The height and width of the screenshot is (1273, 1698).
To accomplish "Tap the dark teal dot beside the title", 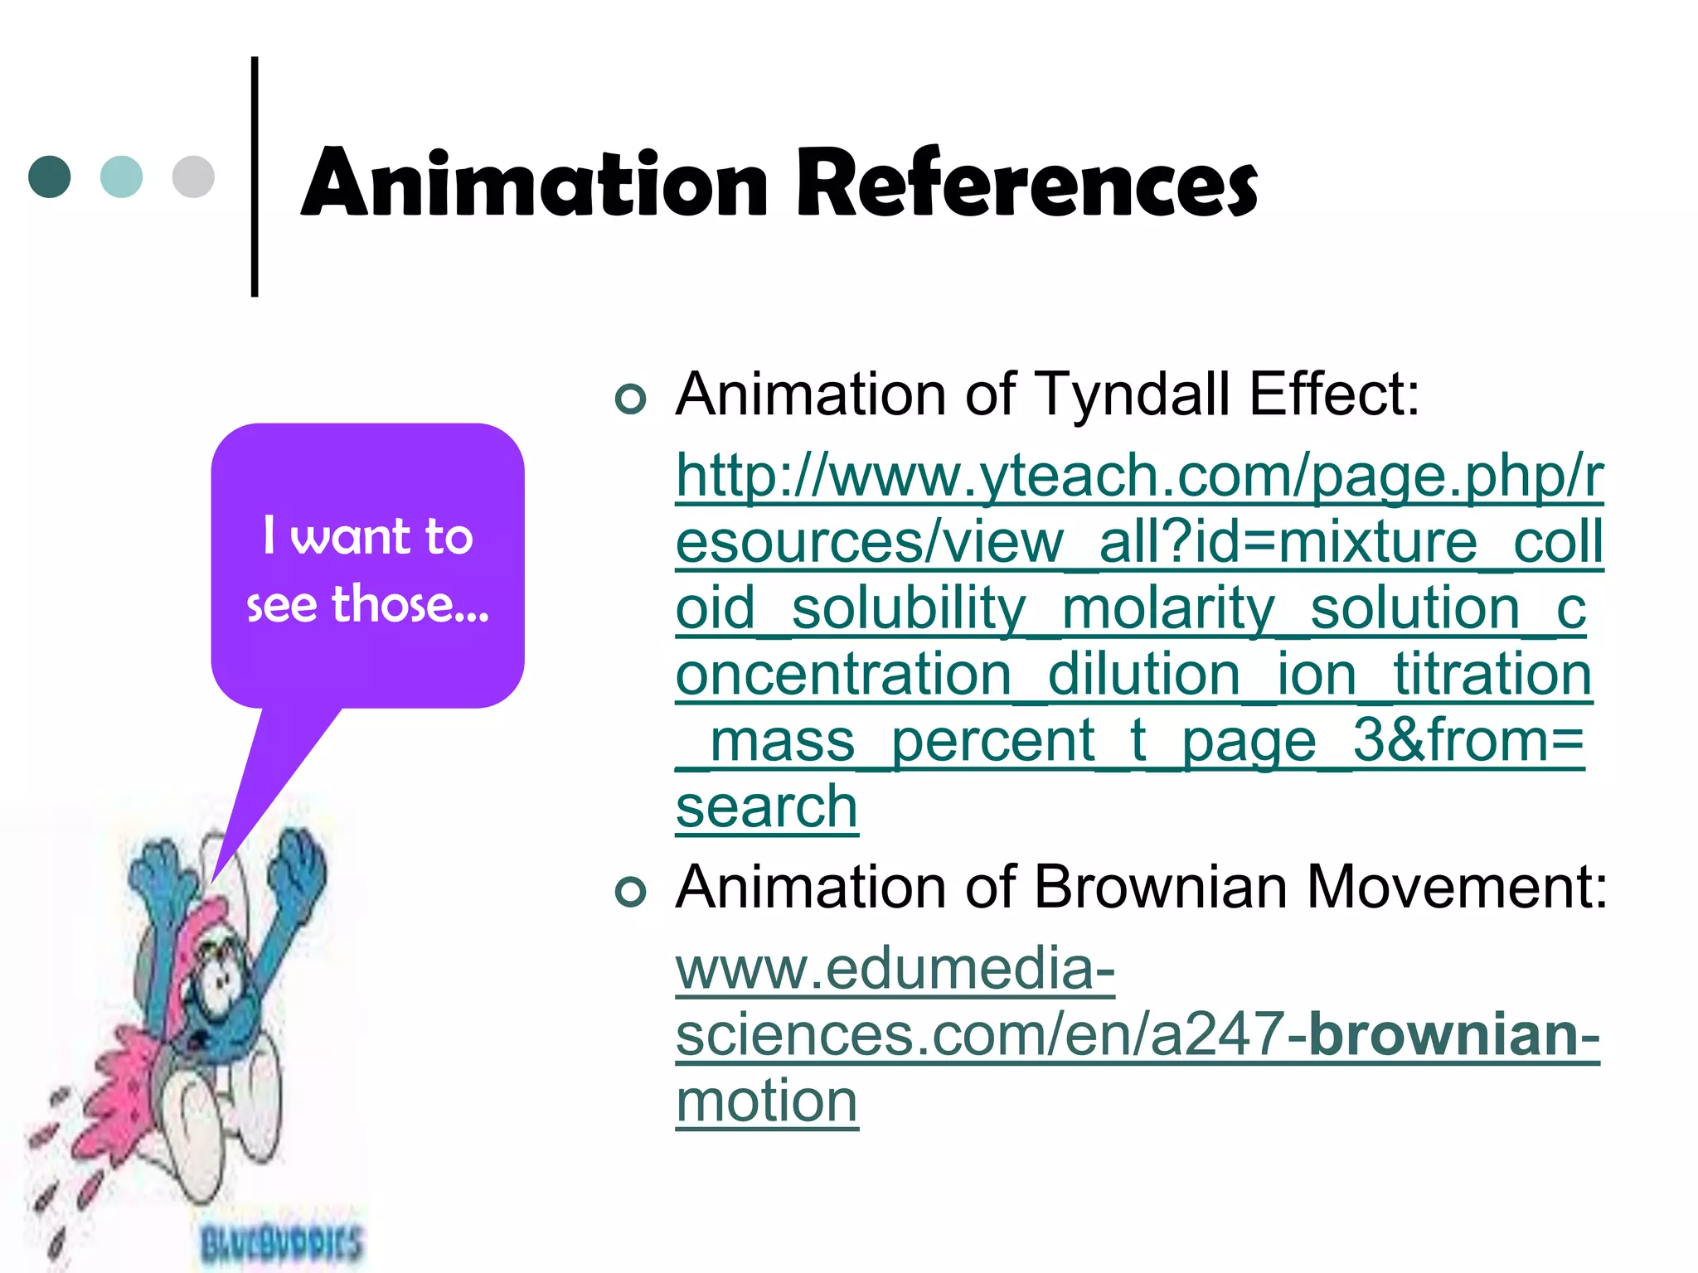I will coord(50,177).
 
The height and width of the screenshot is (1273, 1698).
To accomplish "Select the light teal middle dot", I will coord(121,177).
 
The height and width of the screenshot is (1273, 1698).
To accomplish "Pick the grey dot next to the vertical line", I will coord(193,177).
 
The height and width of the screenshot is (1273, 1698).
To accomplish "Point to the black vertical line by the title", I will coord(255,176).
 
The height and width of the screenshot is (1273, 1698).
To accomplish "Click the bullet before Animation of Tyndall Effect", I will coord(631,399).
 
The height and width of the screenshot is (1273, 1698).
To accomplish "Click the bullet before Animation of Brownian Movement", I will coord(631,892).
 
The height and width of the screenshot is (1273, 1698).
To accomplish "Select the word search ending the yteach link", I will coord(766,806).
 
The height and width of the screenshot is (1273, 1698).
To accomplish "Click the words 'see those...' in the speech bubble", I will coord(367,604).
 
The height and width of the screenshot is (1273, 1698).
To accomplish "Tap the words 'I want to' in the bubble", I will coord(367,536).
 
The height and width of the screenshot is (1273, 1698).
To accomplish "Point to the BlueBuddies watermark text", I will coord(282,1243).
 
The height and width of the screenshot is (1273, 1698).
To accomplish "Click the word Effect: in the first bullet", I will coord(1335,394).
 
